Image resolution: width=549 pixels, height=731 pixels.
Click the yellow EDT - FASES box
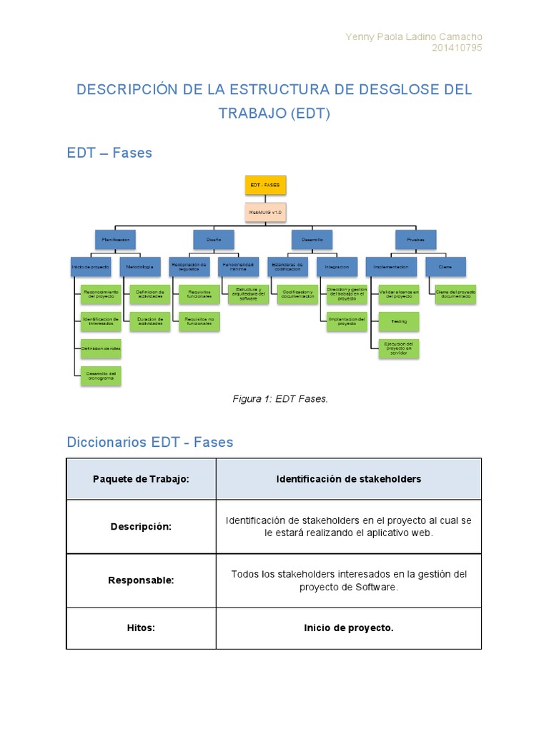click(x=265, y=186)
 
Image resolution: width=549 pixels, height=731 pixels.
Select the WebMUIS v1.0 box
click(x=265, y=212)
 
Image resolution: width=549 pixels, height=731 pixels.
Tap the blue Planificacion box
click(x=115, y=240)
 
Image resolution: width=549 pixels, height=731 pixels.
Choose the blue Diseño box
click(x=214, y=240)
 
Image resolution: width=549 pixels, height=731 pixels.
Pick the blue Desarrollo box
click(x=312, y=240)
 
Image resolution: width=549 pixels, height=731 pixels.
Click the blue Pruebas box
click(x=415, y=240)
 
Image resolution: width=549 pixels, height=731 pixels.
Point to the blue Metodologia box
click(x=139, y=267)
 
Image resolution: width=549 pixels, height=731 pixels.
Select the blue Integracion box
click(x=337, y=267)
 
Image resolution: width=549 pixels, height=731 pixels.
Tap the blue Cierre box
click(x=445, y=267)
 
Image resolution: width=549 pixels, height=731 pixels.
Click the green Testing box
click(x=399, y=322)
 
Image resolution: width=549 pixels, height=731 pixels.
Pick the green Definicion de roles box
click(x=101, y=348)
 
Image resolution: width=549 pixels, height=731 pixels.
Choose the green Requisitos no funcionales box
click(x=199, y=322)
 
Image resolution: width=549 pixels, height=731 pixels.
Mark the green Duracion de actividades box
click(x=150, y=322)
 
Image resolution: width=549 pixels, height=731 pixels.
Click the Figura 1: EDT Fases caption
click(x=280, y=399)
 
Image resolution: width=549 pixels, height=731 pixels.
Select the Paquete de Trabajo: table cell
click(x=141, y=479)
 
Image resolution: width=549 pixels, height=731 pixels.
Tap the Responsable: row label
click(x=141, y=580)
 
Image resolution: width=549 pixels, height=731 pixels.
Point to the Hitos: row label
click(x=141, y=628)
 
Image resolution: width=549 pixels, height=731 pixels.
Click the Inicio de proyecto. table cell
click(x=348, y=628)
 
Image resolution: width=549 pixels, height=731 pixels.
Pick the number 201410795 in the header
click(x=457, y=49)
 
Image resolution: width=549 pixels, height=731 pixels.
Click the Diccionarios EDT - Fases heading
click(x=150, y=442)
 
